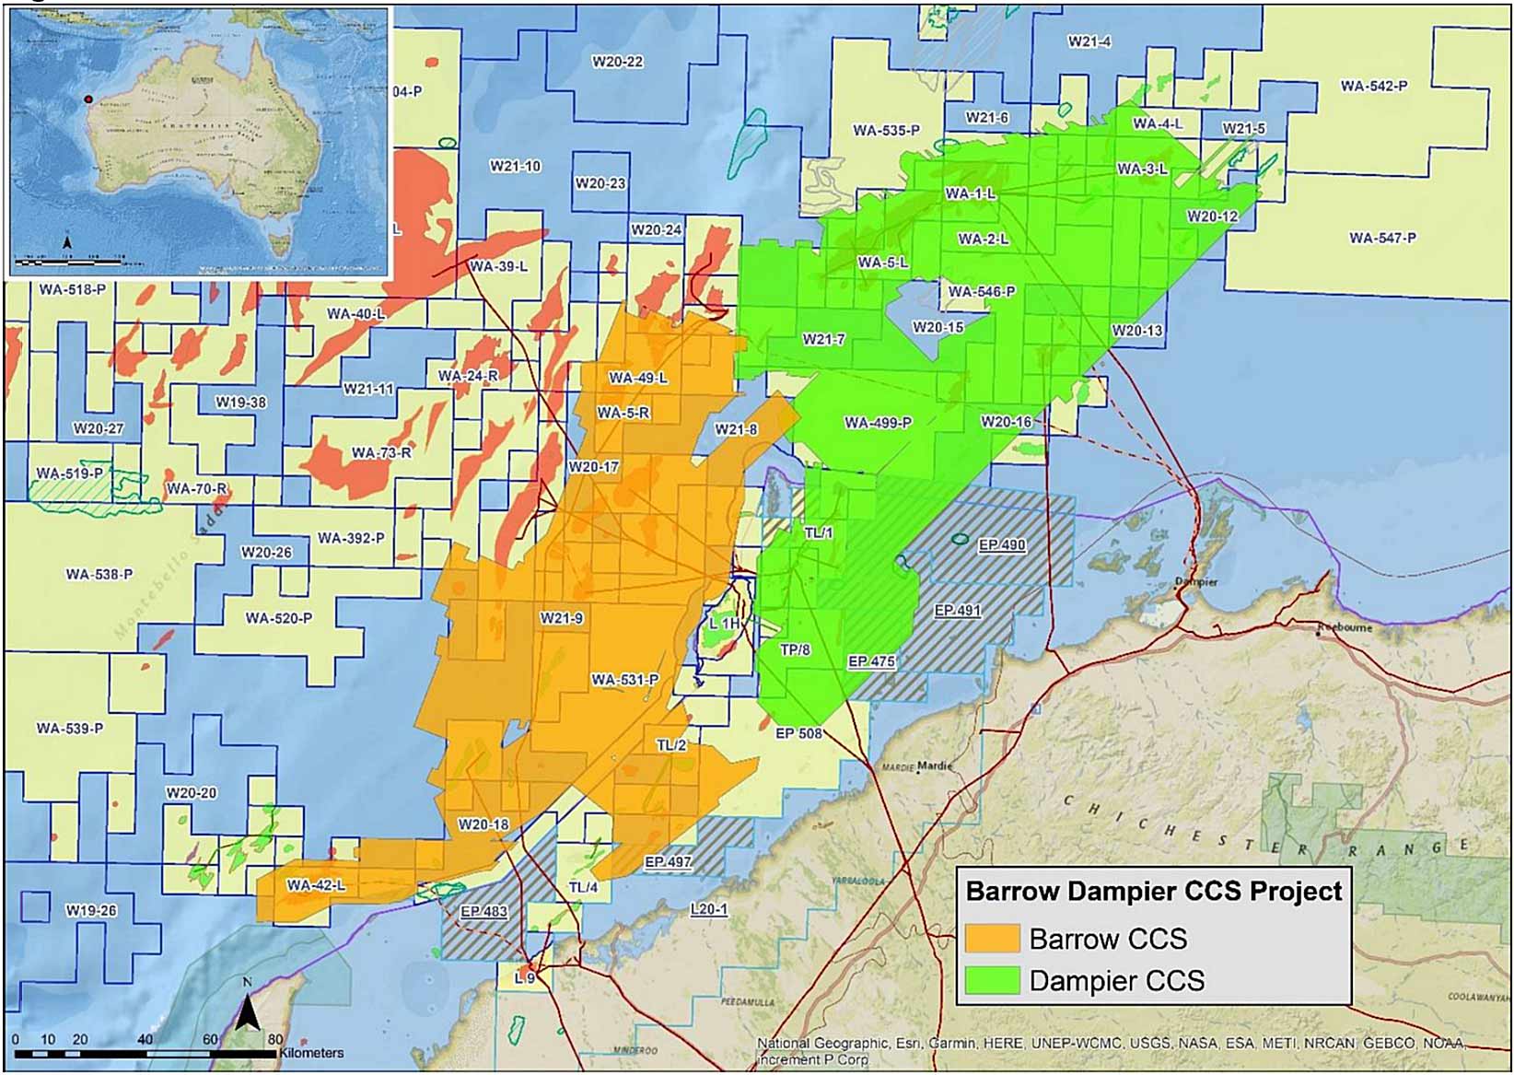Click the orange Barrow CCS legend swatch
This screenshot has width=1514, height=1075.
992,939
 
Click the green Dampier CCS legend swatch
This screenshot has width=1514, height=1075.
992,980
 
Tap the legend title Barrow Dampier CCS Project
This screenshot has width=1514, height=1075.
1153,892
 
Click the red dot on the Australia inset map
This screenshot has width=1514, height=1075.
88,99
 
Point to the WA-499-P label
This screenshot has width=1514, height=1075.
878,423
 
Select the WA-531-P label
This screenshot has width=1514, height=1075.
624,680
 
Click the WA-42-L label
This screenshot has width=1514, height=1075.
316,885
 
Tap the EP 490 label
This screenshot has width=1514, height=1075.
1001,545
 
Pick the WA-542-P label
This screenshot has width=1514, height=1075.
1373,86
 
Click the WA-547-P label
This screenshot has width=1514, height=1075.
1382,238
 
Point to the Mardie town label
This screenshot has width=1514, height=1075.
934,765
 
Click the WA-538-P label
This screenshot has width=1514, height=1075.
99,574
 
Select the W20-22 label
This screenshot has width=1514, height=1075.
617,62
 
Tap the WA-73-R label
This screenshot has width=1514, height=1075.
381,452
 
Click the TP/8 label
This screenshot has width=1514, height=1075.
795,649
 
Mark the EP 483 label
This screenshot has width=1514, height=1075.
483,911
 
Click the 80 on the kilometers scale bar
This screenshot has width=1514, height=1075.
275,1039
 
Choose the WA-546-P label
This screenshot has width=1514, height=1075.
981,291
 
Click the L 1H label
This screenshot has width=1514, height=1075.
724,624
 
